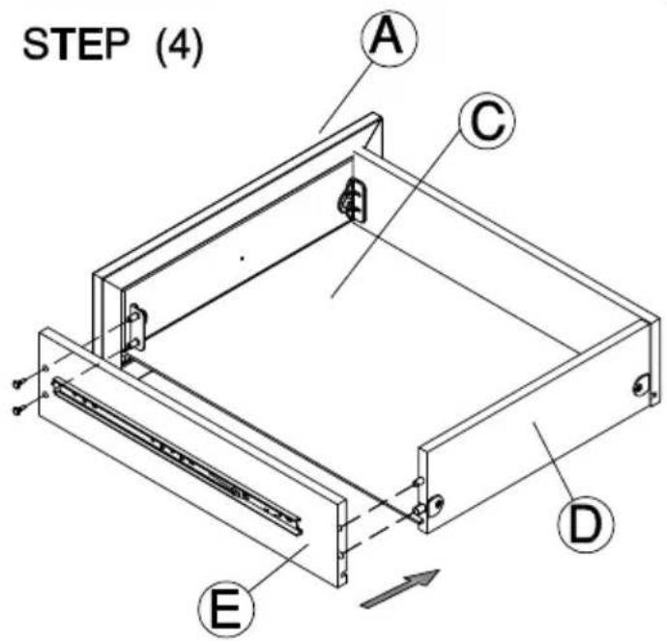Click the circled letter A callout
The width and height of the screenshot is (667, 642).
click(x=390, y=38)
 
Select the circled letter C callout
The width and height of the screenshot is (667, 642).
click(x=486, y=121)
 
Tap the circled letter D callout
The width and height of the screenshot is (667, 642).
click(x=586, y=524)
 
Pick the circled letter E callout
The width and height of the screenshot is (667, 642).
click(x=226, y=609)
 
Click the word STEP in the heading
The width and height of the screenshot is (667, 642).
click(x=75, y=44)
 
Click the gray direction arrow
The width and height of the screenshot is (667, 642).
click(x=400, y=588)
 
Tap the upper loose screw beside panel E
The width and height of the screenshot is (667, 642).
click(x=18, y=382)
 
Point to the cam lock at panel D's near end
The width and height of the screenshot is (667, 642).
click(x=435, y=506)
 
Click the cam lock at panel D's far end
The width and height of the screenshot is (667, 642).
click(x=642, y=386)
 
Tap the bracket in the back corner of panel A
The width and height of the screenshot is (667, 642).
click(x=353, y=200)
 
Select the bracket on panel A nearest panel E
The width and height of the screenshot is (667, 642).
click(x=138, y=326)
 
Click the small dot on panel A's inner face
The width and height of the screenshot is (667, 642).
click(x=243, y=258)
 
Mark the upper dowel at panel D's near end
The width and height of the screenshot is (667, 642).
click(x=419, y=482)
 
